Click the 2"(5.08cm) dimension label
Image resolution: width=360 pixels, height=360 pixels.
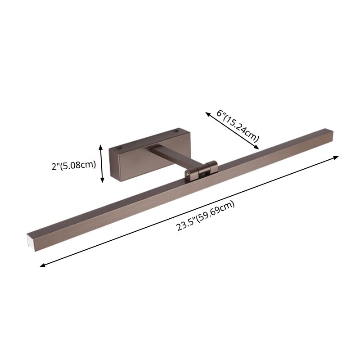[x=74, y=164]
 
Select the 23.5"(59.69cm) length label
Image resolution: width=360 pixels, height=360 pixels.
[x=206, y=216]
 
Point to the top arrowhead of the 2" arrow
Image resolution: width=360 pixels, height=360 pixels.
[x=102, y=147]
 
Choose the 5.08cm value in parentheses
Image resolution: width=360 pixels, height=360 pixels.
[x=80, y=164]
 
